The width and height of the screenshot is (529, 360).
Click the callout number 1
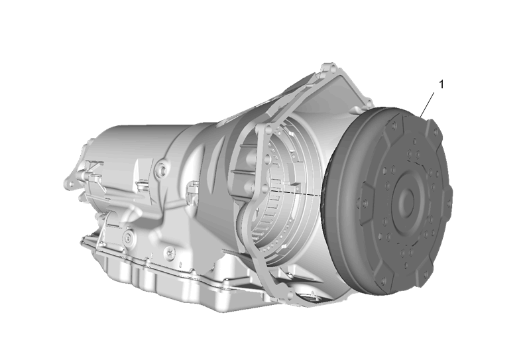coord(441,84)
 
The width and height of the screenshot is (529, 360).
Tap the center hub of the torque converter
coord(406,201)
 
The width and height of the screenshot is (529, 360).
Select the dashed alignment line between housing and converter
coord(296,193)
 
